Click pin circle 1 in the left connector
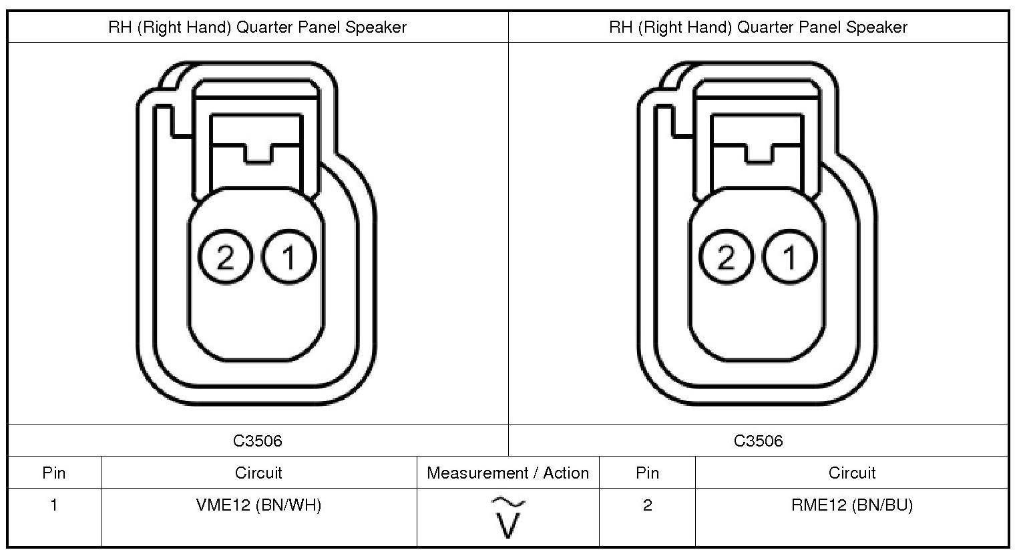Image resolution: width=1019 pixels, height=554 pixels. (288, 257)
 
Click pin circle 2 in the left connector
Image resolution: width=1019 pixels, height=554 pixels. (225, 257)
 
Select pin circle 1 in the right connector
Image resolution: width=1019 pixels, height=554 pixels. (789, 257)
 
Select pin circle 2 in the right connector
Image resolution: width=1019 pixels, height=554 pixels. (726, 257)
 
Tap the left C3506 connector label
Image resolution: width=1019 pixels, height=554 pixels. (258, 441)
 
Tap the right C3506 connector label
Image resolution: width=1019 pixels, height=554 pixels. (759, 441)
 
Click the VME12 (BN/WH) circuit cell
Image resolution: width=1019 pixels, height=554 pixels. (258, 505)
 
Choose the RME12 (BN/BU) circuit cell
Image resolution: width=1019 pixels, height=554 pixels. (851, 505)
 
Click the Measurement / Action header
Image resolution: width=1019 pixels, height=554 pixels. (508, 473)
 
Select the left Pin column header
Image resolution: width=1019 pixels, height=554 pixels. (54, 473)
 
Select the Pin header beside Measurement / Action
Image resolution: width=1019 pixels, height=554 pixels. (647, 473)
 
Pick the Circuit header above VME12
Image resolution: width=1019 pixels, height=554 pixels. (258, 473)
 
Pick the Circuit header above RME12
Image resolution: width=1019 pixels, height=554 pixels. (851, 473)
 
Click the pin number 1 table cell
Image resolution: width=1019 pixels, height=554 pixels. (54, 505)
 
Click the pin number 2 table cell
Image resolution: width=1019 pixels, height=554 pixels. (647, 505)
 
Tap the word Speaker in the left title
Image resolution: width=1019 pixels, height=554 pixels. (376, 27)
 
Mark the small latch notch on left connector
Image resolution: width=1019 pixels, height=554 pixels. (257, 154)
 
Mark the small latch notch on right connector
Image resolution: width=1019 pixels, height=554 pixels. (758, 154)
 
